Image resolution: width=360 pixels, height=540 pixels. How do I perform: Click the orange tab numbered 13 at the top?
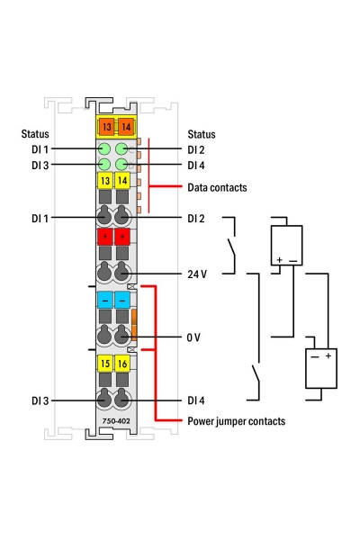tap(105, 127)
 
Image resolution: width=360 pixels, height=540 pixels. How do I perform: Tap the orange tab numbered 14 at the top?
tap(126, 127)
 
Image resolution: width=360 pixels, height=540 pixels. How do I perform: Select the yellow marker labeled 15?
tap(105, 364)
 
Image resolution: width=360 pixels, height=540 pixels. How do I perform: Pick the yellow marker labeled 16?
tap(122, 364)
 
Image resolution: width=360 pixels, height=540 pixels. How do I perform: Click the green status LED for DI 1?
tap(104, 149)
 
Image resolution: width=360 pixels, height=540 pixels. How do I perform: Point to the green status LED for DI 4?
tap(121, 165)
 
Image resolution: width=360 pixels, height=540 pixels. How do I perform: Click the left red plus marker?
tap(105, 237)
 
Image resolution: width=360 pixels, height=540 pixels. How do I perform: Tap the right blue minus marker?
tap(122, 300)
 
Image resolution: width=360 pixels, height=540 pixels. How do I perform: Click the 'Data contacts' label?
tap(217, 188)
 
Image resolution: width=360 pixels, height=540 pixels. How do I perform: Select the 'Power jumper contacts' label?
tap(237, 421)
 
